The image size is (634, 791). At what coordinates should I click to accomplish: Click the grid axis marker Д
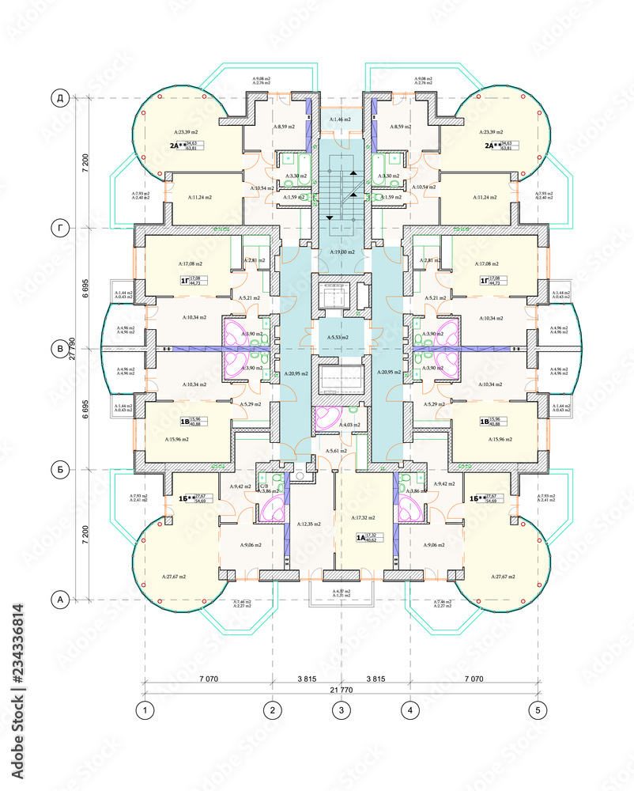coord(59,98)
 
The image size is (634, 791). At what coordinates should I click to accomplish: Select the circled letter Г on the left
coord(59,229)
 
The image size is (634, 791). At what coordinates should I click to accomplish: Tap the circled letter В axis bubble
coord(59,348)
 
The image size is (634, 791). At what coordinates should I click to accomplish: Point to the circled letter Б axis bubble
coord(59,467)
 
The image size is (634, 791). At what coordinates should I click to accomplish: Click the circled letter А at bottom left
coord(59,600)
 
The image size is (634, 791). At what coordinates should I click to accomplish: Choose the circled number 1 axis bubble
coord(145,710)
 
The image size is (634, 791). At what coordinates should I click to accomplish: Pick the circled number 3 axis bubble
coord(341,710)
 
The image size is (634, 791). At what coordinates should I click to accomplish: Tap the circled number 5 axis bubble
coord(538,710)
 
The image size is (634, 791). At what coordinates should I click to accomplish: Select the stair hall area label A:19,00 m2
coord(341,251)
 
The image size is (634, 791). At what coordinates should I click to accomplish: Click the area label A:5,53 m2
coord(341,338)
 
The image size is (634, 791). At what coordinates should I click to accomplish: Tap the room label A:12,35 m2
coord(311,524)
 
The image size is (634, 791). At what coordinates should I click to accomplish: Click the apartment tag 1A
coord(362,538)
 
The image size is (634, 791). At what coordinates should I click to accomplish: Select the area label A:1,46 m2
coord(342,119)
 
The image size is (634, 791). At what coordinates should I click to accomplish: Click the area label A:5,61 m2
coord(341,450)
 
